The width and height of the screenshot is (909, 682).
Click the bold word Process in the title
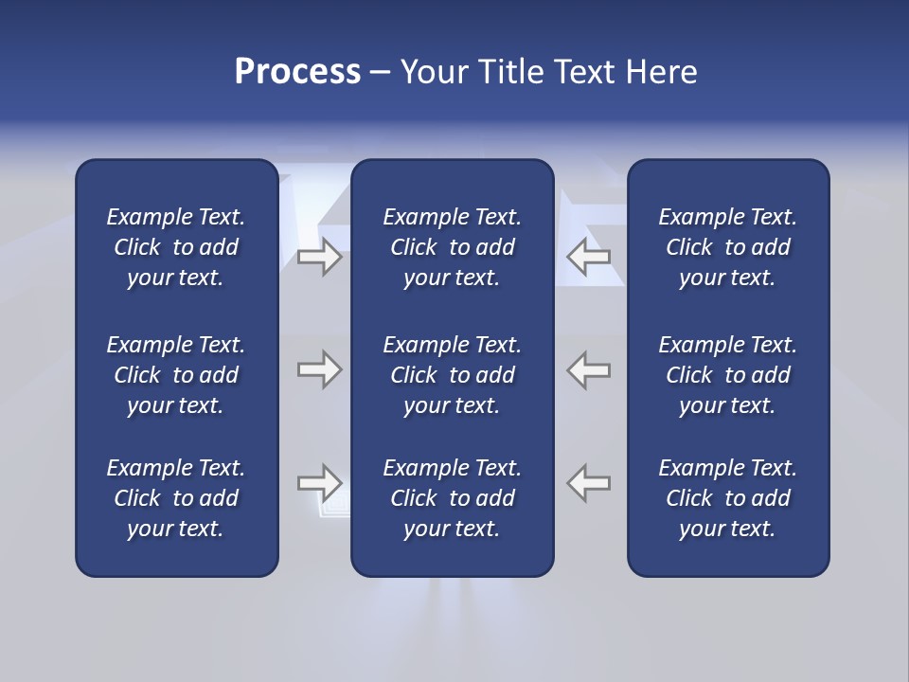point(297,72)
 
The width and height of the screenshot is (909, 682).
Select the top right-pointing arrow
point(319,256)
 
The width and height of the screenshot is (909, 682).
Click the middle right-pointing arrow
point(319,369)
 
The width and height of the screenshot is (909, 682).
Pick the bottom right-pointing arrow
point(319,483)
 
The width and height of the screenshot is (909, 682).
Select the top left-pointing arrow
point(589,256)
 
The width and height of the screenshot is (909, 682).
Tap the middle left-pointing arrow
point(589,369)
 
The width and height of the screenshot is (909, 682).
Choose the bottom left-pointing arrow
point(589,483)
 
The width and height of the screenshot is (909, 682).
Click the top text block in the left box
point(176,247)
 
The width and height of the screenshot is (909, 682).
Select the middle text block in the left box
point(176,375)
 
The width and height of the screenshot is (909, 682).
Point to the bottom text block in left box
point(176,498)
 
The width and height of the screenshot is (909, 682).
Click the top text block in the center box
point(452,247)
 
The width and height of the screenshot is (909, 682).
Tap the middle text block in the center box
point(452,375)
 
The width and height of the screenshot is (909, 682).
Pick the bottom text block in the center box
point(452,498)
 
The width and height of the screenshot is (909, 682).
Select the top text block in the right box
point(727,247)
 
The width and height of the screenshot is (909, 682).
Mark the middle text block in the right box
point(727,375)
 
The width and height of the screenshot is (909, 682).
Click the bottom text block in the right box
point(727,498)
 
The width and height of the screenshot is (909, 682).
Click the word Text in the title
point(586,72)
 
